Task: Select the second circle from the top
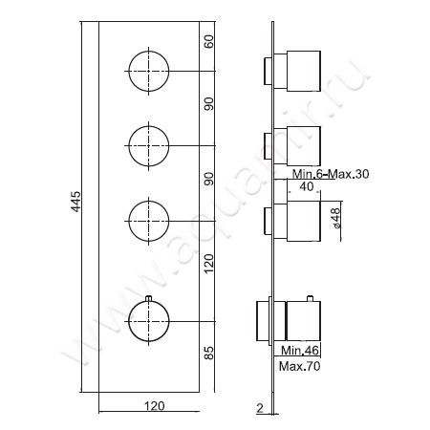[x=149, y=144]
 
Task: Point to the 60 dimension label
[x=209, y=41]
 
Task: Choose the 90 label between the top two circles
[x=209, y=105]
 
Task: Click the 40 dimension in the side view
[x=306, y=187]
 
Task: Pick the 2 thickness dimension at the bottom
[x=259, y=407]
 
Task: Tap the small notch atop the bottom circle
[x=149, y=300]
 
